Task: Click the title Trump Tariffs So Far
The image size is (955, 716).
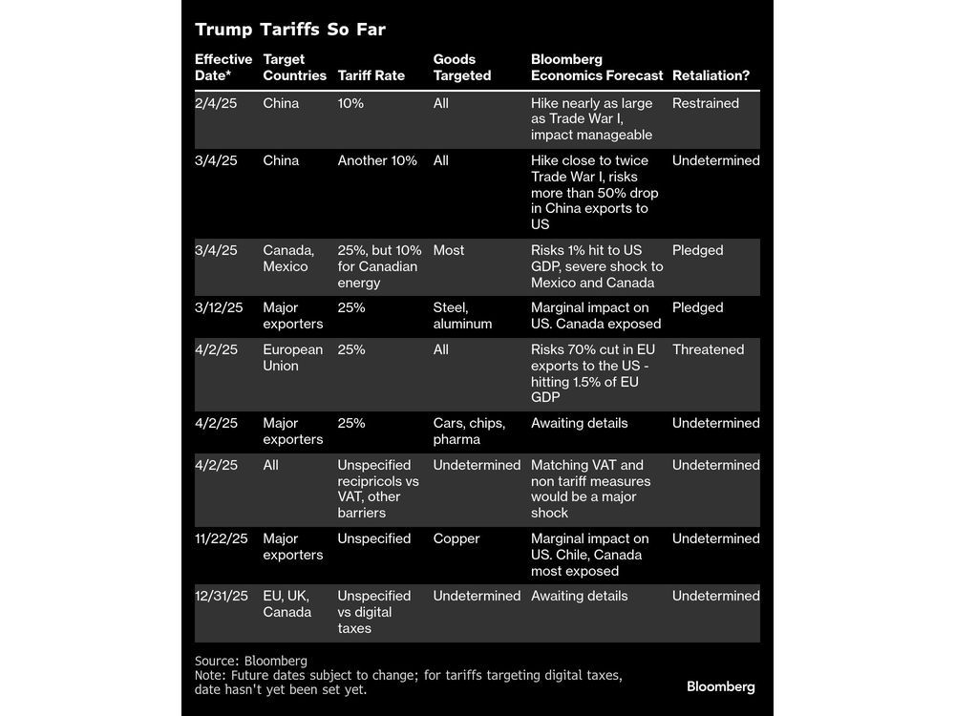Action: (289, 30)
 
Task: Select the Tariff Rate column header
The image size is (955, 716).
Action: (371, 75)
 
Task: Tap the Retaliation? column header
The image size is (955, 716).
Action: (711, 75)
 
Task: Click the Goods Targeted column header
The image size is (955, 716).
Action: (462, 67)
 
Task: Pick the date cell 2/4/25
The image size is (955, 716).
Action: (215, 103)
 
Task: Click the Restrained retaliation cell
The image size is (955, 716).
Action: (705, 103)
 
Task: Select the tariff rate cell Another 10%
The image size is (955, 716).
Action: (377, 160)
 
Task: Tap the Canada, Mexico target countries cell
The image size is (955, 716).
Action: (288, 258)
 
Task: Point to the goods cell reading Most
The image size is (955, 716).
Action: (449, 250)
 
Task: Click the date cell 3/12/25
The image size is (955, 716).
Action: (219, 307)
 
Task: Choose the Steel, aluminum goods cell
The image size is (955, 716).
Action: (462, 315)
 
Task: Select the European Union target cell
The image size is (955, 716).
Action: (292, 357)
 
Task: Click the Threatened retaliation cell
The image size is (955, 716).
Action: (708, 349)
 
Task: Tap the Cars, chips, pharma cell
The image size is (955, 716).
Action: (469, 431)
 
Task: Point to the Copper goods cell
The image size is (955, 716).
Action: (456, 538)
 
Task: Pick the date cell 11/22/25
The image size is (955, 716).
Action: (221, 538)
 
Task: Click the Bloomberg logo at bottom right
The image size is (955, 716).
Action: (720, 686)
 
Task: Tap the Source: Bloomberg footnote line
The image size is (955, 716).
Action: (251, 661)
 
